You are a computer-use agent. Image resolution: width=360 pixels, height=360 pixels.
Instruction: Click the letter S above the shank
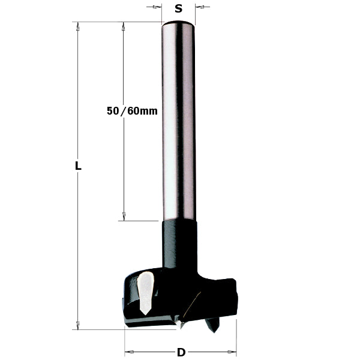pos(178,8)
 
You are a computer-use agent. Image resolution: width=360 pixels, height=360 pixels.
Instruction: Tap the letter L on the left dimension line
pos(78,167)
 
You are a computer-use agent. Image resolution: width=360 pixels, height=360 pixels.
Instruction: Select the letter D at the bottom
pos(180,352)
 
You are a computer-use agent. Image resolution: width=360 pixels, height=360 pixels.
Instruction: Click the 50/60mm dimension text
pos(131,111)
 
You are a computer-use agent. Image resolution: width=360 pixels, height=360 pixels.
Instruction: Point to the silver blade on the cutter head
pos(145,292)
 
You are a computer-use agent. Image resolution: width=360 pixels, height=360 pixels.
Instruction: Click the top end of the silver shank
pos(178,24)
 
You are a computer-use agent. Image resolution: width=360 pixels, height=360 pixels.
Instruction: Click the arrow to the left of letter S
pos(157,7)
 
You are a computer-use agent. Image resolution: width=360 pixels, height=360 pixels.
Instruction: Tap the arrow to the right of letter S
pos(200,7)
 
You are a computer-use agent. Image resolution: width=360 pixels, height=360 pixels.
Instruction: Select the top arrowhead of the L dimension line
pos(78,26)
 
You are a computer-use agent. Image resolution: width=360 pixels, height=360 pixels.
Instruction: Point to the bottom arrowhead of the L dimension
pos(78,325)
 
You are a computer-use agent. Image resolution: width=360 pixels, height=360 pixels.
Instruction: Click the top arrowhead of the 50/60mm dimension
pos(124,26)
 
